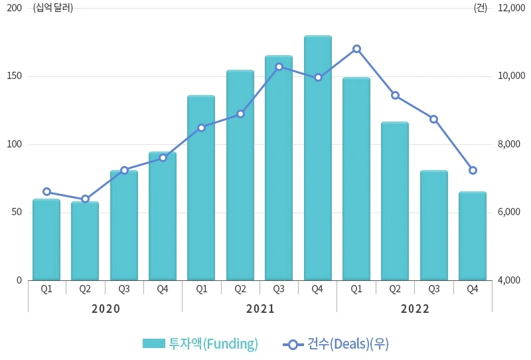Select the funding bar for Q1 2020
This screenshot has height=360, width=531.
(x=46, y=240)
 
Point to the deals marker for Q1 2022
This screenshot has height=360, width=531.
(x=356, y=48)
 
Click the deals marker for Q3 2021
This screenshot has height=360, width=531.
(x=279, y=66)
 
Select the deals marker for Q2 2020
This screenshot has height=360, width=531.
(x=85, y=199)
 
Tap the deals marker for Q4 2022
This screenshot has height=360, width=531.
(x=473, y=170)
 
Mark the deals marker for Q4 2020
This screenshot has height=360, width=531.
(x=163, y=157)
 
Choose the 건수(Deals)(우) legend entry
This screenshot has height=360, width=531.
(x=336, y=343)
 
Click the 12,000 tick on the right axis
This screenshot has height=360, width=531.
(x=511, y=8)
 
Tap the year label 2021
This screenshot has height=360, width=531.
(x=260, y=309)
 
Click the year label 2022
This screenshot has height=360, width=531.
(x=415, y=309)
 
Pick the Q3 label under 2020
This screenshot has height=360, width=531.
(x=124, y=289)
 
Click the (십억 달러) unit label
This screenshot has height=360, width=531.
(x=53, y=8)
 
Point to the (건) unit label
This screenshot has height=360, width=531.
(x=480, y=8)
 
